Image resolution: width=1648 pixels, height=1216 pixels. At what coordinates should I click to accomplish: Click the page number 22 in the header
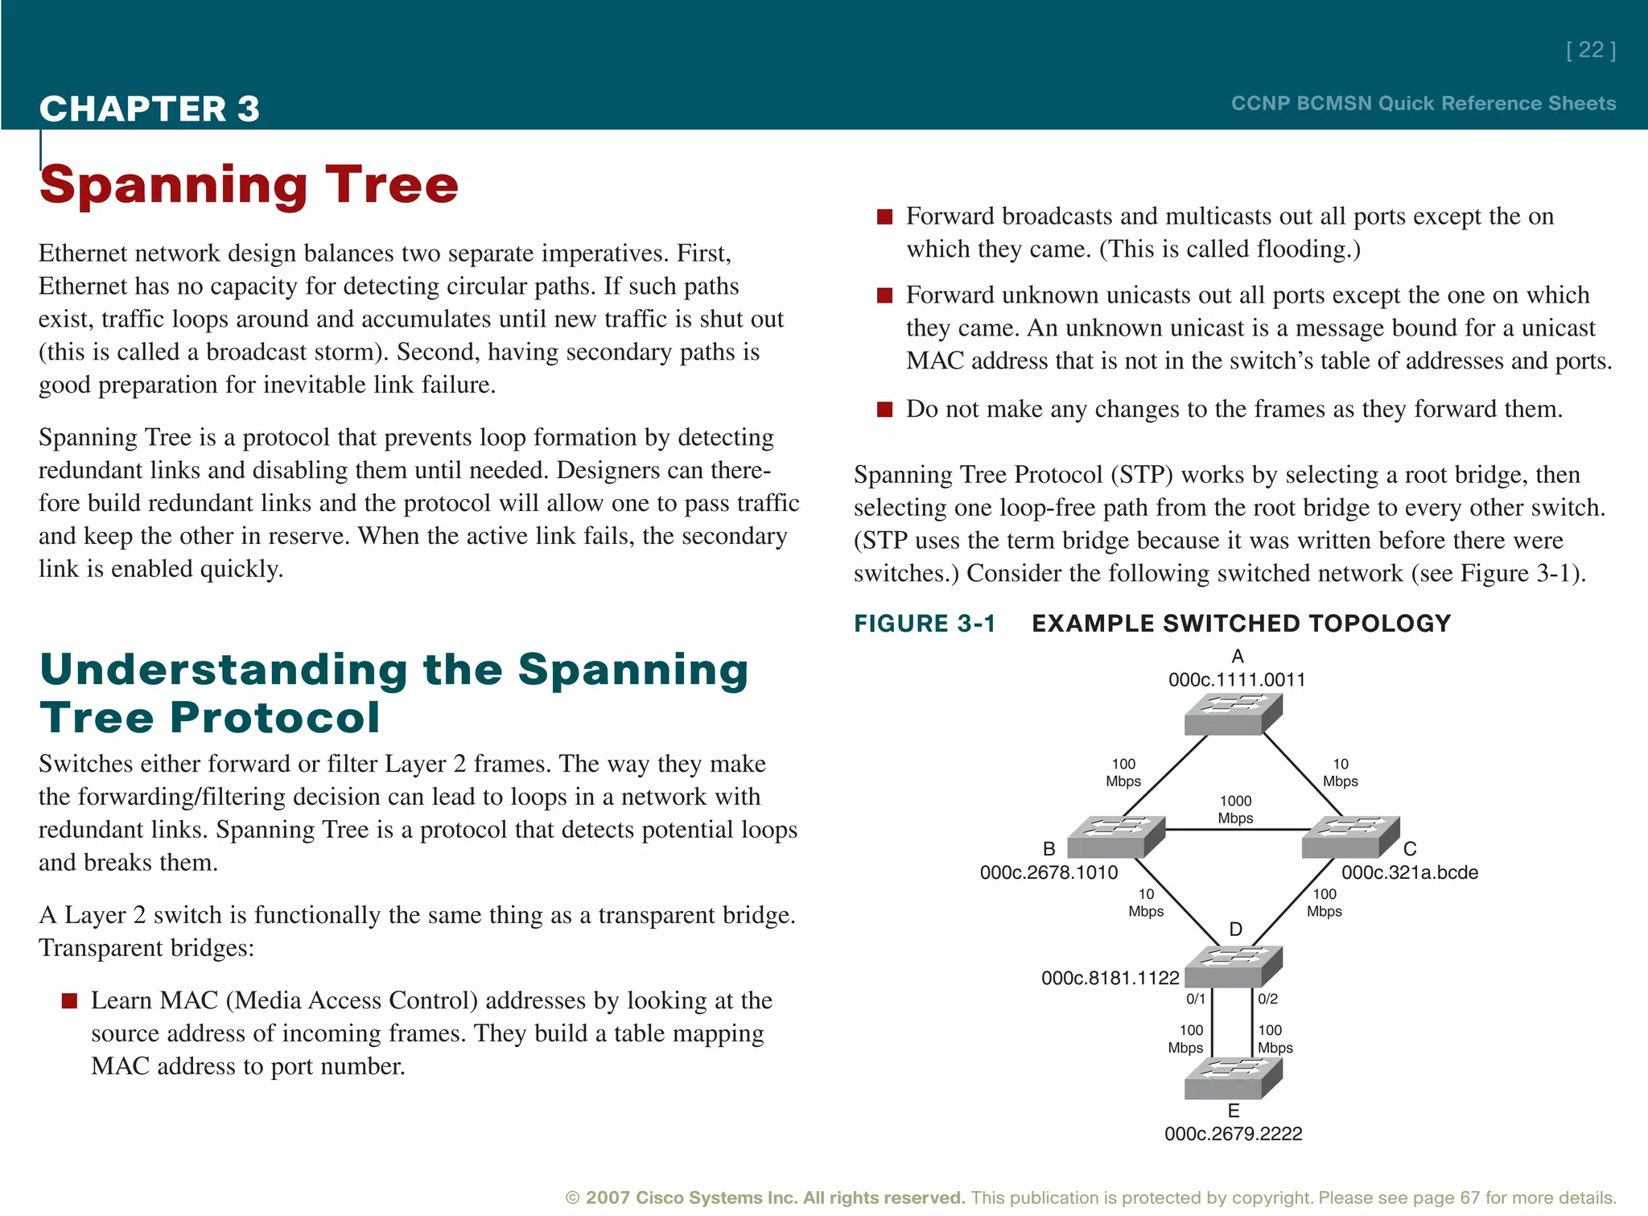click(x=1590, y=51)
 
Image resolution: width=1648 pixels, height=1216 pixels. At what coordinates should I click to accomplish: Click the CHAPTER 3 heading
click(x=150, y=109)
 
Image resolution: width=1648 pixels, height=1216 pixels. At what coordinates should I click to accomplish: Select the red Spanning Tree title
click(x=249, y=185)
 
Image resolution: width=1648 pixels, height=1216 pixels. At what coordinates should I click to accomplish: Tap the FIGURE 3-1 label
click(x=925, y=624)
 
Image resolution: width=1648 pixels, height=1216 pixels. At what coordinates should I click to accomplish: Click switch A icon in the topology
click(x=1233, y=714)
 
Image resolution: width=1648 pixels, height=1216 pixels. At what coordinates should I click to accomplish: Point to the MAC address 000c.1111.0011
click(x=1237, y=680)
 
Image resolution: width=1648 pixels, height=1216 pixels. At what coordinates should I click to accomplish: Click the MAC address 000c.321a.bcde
click(x=1410, y=872)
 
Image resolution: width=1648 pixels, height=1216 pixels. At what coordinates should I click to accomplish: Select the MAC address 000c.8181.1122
click(x=1110, y=978)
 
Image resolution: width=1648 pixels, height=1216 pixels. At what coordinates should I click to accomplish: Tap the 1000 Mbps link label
click(x=1235, y=810)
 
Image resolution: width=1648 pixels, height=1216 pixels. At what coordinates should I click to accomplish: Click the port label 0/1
click(x=1196, y=1000)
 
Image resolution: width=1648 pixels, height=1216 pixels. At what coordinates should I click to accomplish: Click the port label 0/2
click(x=1268, y=1000)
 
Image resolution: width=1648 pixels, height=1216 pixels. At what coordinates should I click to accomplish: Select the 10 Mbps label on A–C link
click(x=1341, y=773)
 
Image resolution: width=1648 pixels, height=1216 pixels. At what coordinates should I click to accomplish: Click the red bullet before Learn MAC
click(x=70, y=1001)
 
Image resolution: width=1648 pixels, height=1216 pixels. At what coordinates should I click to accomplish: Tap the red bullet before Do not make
click(x=885, y=410)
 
